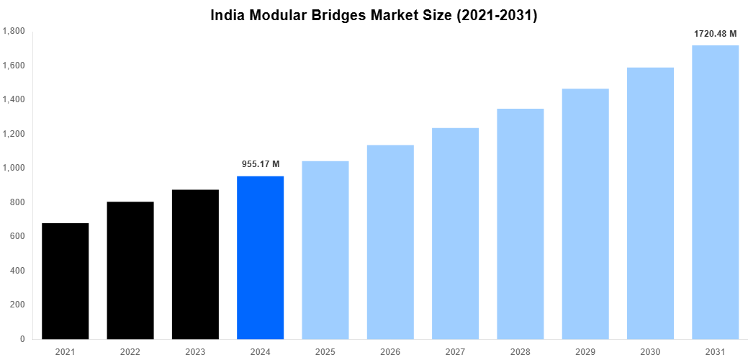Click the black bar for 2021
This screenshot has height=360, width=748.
click(65, 281)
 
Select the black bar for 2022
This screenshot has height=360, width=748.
click(130, 270)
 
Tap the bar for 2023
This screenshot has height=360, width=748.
click(195, 264)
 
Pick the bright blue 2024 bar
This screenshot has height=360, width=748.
click(260, 257)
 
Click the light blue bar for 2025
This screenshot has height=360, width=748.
click(325, 250)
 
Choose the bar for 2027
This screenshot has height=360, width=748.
click(455, 233)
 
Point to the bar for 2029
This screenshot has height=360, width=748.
click(585, 214)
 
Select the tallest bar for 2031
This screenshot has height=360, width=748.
click(715, 192)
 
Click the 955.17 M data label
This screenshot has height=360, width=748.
click(261, 164)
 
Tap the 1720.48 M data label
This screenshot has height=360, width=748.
click(715, 34)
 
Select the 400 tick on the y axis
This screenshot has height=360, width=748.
click(17, 271)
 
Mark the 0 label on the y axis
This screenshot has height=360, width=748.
click(22, 339)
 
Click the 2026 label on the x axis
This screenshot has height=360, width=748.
click(390, 351)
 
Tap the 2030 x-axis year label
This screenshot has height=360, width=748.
click(650, 351)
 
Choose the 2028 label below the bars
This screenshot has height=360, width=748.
click(520, 351)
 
